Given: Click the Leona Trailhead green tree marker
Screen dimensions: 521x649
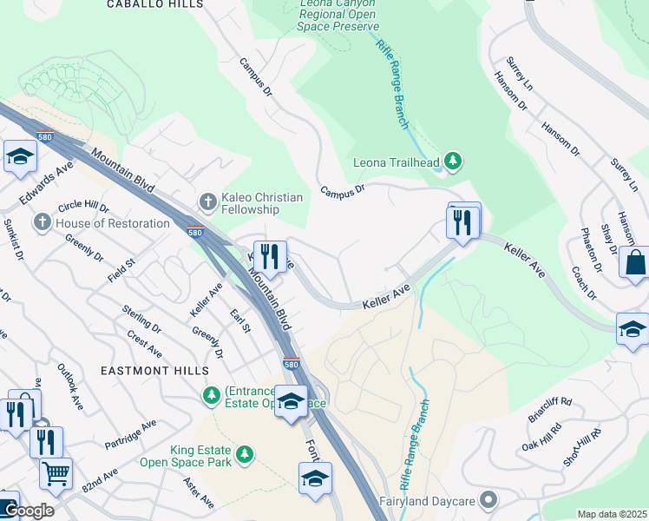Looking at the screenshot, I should click(x=451, y=162).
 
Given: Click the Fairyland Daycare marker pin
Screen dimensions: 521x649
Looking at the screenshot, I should click(x=489, y=501).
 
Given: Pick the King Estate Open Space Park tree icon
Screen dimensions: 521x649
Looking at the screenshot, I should click(x=245, y=454).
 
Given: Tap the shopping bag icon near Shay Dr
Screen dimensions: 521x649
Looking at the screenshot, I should click(x=634, y=262).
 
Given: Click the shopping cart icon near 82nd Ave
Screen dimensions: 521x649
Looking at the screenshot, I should click(x=56, y=474).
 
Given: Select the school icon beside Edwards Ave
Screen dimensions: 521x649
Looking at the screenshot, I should click(x=18, y=157).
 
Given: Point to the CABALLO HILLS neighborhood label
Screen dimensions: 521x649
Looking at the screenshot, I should click(x=155, y=4).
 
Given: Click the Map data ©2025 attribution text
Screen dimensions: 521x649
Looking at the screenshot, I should click(x=612, y=514).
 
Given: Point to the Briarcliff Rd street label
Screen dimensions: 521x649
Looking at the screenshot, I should click(x=550, y=409).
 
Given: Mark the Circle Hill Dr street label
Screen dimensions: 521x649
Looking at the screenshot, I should click(x=83, y=208).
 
